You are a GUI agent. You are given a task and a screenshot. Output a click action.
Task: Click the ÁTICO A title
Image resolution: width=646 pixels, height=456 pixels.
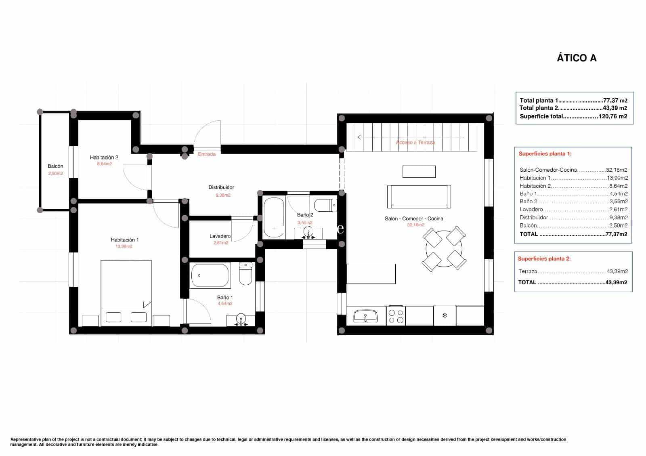click(x=577, y=58)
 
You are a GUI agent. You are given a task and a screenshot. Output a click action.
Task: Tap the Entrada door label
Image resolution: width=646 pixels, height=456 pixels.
click(x=207, y=154)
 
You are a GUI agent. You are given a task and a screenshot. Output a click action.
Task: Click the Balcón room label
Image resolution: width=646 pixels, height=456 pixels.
click(x=55, y=166)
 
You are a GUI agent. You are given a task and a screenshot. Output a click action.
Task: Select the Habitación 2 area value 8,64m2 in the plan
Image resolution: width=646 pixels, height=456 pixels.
click(x=104, y=164)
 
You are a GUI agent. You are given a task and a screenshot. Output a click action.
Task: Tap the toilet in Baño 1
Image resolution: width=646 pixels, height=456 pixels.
click(x=245, y=273)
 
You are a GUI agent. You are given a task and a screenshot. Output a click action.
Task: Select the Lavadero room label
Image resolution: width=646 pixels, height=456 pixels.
click(x=220, y=236)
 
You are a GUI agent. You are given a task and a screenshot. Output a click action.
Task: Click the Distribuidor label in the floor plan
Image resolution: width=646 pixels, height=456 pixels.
click(x=221, y=187)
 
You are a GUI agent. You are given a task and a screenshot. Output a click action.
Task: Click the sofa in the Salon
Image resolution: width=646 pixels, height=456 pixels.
click(x=419, y=197)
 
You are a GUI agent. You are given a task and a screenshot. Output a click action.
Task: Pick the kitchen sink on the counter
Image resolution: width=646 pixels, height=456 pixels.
click(x=365, y=316)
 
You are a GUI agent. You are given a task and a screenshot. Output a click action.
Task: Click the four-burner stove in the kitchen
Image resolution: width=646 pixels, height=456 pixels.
click(x=395, y=316)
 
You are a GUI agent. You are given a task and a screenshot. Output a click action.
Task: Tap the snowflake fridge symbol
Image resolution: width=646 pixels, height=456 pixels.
click(x=445, y=315)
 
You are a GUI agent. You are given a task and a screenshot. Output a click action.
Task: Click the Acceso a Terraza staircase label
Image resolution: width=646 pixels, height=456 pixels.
click(x=415, y=143)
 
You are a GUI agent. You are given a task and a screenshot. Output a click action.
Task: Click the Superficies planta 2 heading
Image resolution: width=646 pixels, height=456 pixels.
click(x=544, y=258)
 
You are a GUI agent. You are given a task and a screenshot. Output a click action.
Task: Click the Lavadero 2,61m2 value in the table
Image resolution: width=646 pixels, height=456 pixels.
click(x=618, y=209)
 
